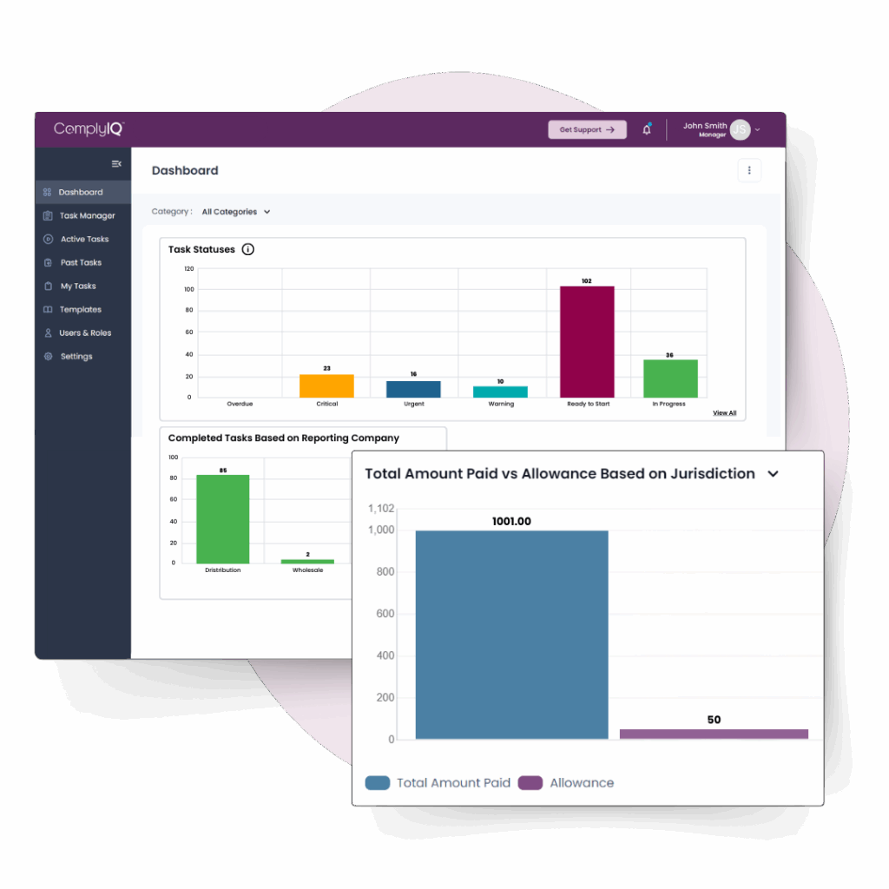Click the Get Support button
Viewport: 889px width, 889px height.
point(587,129)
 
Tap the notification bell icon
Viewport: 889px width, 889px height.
point(647,129)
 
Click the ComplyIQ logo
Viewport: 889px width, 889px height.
point(89,128)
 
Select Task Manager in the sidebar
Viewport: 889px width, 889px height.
point(86,216)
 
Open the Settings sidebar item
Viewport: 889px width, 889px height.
point(76,357)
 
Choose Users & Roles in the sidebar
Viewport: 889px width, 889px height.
point(84,333)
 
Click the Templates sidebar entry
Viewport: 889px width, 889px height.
point(80,310)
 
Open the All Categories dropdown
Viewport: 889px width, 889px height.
point(236,212)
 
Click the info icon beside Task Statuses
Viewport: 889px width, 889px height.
point(248,250)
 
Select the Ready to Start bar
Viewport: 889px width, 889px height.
point(587,342)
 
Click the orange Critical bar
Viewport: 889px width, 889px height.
point(326,386)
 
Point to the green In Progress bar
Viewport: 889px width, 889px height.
point(670,379)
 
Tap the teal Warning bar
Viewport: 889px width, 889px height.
point(500,392)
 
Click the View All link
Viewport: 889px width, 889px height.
point(724,413)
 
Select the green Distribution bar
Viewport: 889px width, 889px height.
point(222,519)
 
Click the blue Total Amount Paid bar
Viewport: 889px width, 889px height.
point(511,635)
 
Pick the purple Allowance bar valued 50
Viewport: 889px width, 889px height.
point(714,734)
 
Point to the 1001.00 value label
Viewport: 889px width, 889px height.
point(511,522)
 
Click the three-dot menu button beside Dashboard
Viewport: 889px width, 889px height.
point(749,171)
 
